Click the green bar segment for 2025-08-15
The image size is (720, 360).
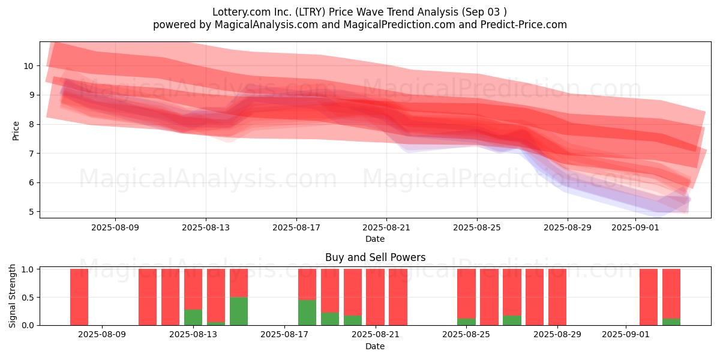239,311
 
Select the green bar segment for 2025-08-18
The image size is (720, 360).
307,313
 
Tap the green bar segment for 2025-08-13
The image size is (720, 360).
193,317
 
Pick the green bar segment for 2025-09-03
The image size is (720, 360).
671,322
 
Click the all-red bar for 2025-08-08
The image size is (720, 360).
79,297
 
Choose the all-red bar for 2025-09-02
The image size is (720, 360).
649,297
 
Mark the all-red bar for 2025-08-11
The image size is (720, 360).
148,297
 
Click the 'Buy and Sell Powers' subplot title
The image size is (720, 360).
375,257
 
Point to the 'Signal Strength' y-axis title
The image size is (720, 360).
12,296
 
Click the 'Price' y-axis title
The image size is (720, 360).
16,131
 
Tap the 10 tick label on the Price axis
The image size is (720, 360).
28,66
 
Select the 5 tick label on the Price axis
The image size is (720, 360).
31,212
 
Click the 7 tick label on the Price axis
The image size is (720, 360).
31,154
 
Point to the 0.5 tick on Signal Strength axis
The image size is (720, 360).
28,298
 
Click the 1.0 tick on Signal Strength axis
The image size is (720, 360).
28,269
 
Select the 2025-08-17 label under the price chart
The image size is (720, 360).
296,227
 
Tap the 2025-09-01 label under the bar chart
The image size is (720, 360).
625,335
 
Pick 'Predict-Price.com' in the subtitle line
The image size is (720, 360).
524,25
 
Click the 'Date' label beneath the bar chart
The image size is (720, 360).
375,346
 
